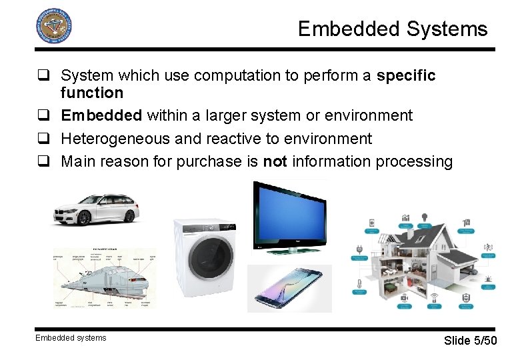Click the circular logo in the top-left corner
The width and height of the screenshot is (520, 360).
(x=53, y=26)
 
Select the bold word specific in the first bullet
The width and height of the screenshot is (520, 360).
(x=406, y=76)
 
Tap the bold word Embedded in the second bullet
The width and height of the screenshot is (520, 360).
(x=101, y=115)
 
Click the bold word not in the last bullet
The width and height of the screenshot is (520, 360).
(x=275, y=161)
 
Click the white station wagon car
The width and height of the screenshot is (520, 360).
(x=96, y=208)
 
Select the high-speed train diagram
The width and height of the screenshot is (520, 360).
(x=104, y=277)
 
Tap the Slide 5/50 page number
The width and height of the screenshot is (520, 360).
(x=470, y=341)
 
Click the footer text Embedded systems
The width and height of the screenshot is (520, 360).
(x=71, y=338)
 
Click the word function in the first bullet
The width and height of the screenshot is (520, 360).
(x=92, y=93)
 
